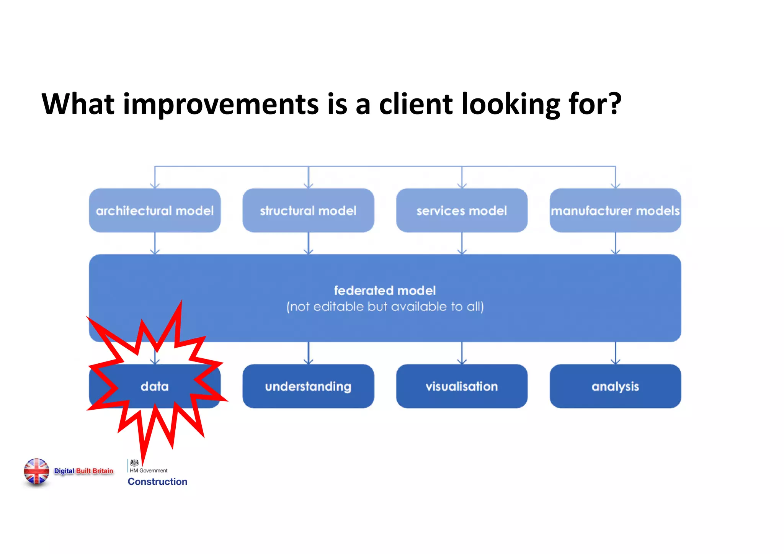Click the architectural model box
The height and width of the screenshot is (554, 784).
(155, 210)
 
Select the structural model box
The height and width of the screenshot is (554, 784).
(308, 210)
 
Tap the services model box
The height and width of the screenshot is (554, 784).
(462, 210)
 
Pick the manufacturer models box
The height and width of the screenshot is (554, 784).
(615, 210)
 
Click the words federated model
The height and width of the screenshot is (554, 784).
(385, 290)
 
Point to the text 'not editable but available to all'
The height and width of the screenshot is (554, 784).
(385, 307)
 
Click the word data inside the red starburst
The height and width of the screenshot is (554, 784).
(155, 386)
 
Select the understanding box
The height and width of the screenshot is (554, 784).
(308, 386)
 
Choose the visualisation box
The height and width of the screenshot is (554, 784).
(462, 386)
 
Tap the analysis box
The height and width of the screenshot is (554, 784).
(615, 386)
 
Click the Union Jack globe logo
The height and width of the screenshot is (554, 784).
(36, 471)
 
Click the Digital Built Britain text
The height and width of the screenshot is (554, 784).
(83, 471)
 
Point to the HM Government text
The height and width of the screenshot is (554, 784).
(149, 471)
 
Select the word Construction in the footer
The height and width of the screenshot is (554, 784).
(157, 482)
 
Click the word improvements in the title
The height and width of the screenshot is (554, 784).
(221, 104)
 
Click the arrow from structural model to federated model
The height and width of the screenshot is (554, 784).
(309, 243)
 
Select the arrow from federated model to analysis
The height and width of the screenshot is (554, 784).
(616, 353)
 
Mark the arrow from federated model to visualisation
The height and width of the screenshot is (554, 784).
(462, 353)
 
